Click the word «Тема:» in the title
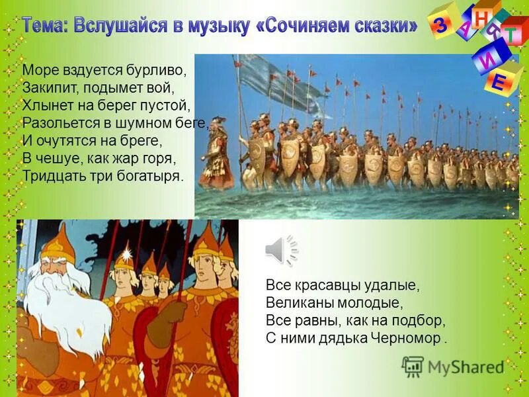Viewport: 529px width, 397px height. (x=45, y=26)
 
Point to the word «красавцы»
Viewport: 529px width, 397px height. (x=321, y=285)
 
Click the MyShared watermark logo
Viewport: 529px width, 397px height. (x=453, y=367)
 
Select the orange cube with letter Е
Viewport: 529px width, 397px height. (x=499, y=81)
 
